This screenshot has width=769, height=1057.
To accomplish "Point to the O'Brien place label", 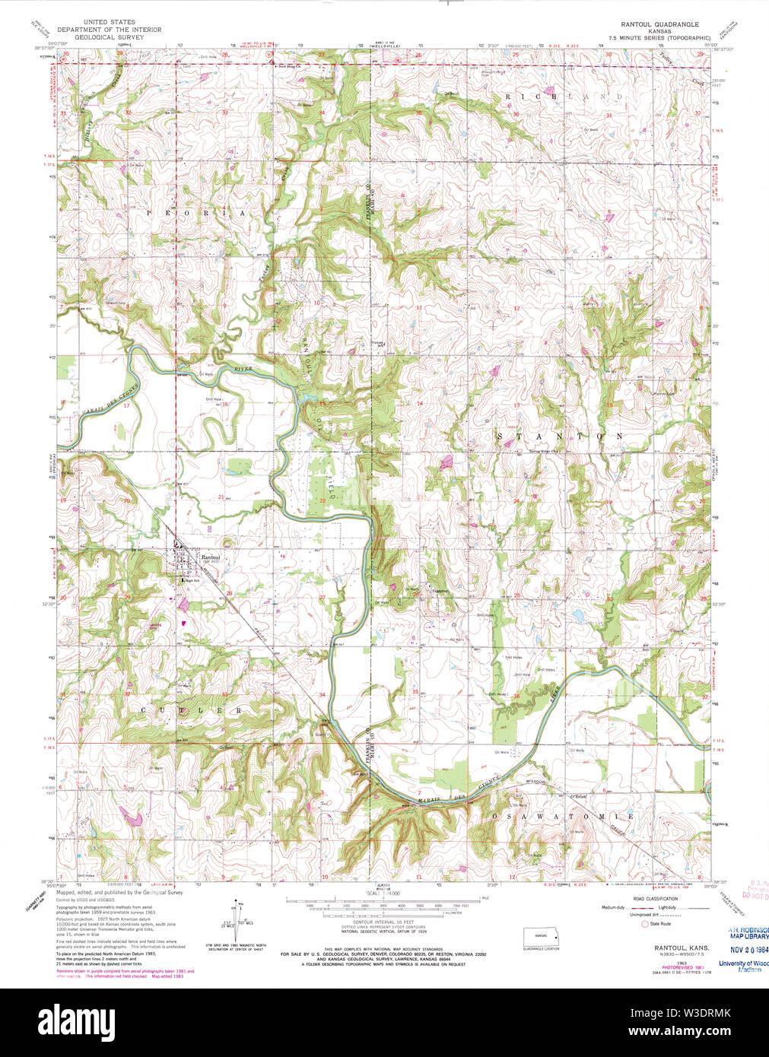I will [x=577, y=796].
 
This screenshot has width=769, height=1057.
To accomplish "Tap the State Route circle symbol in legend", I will [x=645, y=924].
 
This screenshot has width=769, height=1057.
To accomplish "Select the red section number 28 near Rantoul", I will [x=229, y=594].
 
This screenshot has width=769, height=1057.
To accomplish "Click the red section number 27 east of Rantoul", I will [x=322, y=597].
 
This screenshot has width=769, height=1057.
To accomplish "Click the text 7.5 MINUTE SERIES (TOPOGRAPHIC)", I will [x=659, y=37].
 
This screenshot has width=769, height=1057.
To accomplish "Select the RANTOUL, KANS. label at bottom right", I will [x=682, y=948].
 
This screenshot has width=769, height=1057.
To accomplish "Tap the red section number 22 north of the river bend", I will [x=323, y=500].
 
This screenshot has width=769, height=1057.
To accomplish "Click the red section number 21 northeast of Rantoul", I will [x=221, y=497].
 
